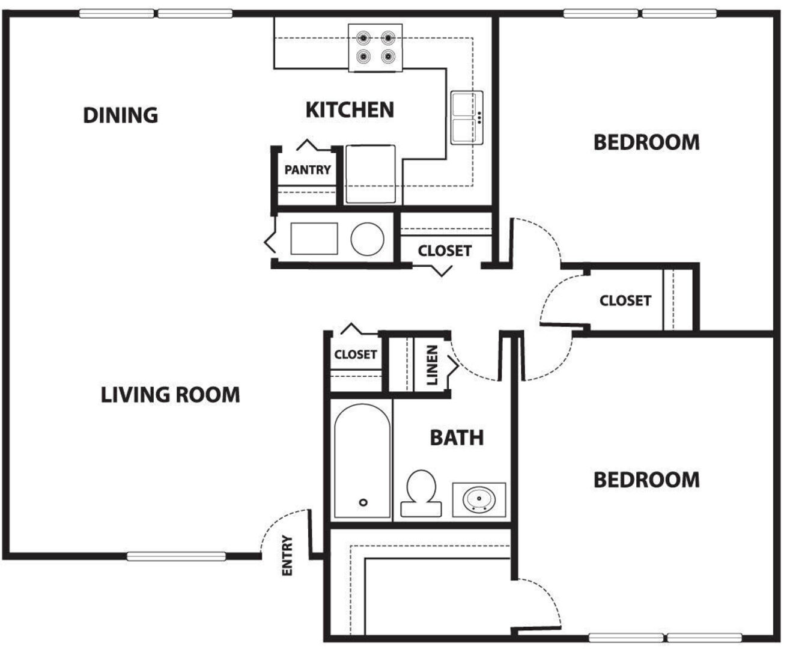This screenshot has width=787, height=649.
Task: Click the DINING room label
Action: click(120, 115)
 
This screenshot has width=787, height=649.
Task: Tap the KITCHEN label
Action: click(350, 110)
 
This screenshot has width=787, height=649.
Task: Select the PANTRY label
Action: click(308, 169)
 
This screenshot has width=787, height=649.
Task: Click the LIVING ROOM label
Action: click(171, 395)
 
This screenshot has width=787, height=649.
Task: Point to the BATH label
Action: click(457, 437)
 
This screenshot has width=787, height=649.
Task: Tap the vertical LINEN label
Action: click(432, 365)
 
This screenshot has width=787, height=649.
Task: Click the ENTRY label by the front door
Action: click(287, 555)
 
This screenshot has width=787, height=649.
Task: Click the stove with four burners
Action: click(375, 48)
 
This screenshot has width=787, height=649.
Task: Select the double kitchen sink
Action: click(467, 118)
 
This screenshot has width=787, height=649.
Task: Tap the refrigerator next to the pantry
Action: click(371, 174)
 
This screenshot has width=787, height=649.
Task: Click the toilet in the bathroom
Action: click(421, 493)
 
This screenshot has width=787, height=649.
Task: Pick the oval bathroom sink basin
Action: click(479, 499)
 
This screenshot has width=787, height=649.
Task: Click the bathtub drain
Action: click(363, 502)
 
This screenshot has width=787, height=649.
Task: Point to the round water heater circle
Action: click(368, 239)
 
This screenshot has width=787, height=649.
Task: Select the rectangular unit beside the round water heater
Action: click(314, 239)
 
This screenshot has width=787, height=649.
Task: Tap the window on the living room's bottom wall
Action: click(177, 556)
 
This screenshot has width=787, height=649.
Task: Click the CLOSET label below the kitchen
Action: click(445, 251)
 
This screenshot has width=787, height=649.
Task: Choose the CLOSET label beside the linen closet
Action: click(356, 355)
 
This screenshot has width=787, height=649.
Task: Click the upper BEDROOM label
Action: click(646, 142)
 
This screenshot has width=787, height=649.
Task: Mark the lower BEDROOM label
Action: click(646, 480)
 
